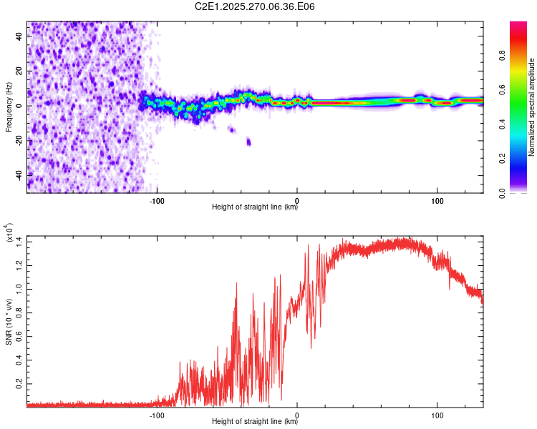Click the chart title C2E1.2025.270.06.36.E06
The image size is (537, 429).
click(x=256, y=6)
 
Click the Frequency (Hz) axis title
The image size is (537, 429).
click(x=9, y=107)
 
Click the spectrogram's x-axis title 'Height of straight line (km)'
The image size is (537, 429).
click(x=255, y=208)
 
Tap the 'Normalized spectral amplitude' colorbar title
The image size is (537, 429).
click(x=531, y=107)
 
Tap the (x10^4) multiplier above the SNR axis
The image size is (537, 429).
click(x=9, y=234)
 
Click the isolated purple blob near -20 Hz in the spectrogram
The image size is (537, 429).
click(x=248, y=142)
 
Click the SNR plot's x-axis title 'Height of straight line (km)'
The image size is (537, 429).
click(x=255, y=422)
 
